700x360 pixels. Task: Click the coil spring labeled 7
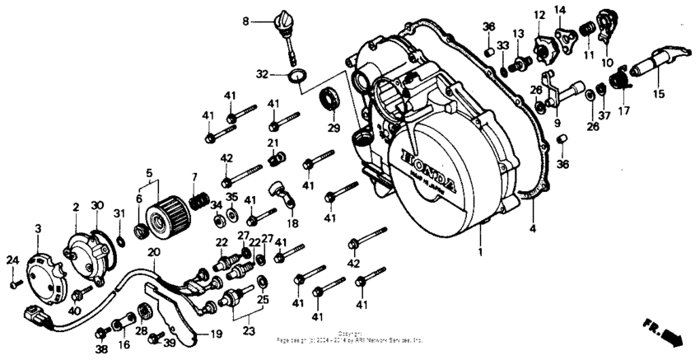coord(198,201)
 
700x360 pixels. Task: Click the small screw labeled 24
coord(14,284)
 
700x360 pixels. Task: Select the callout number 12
coord(539,15)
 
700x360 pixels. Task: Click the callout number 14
coord(560,9)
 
